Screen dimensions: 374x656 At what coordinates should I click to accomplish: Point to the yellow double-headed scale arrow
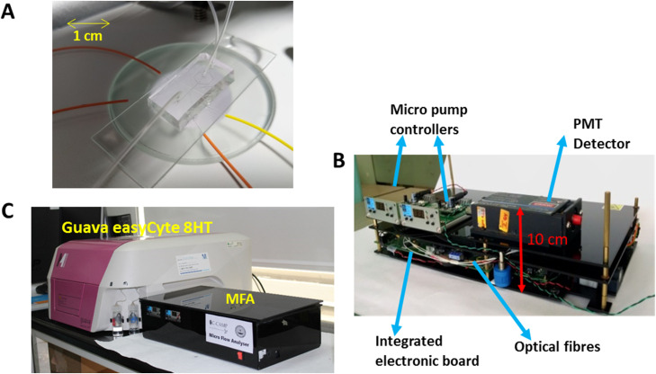click(x=88, y=22)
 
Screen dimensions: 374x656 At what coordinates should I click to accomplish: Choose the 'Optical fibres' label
click(x=564, y=344)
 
